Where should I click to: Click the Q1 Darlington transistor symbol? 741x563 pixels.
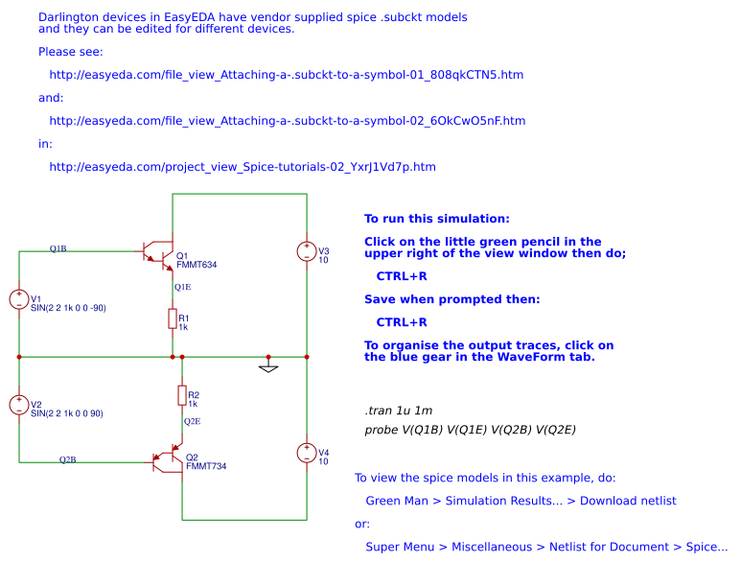[x=159, y=256]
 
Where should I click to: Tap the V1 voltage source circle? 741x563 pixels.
[x=19, y=299]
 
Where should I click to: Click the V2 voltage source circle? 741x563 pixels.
[x=19, y=405]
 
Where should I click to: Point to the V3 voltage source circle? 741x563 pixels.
[x=307, y=251]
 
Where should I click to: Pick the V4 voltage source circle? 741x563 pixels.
[x=307, y=453]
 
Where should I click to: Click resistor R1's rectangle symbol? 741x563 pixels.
[x=173, y=318]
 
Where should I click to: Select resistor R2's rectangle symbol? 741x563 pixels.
[x=182, y=395]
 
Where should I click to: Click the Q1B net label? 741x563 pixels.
[x=58, y=248]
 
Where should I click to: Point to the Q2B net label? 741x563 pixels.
[x=67, y=459]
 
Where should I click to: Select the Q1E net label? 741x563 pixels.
[x=183, y=287]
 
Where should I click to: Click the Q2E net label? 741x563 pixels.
[x=193, y=421]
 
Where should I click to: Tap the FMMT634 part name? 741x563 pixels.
[x=197, y=265]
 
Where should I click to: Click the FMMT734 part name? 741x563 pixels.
[x=206, y=466]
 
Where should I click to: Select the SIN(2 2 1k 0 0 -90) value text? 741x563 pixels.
[x=68, y=308]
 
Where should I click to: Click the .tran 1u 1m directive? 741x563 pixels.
[x=399, y=411]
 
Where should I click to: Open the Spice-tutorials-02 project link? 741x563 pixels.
[x=243, y=167]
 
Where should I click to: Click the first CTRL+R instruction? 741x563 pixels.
[x=402, y=276]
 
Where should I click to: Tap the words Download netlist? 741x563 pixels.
[x=628, y=501]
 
